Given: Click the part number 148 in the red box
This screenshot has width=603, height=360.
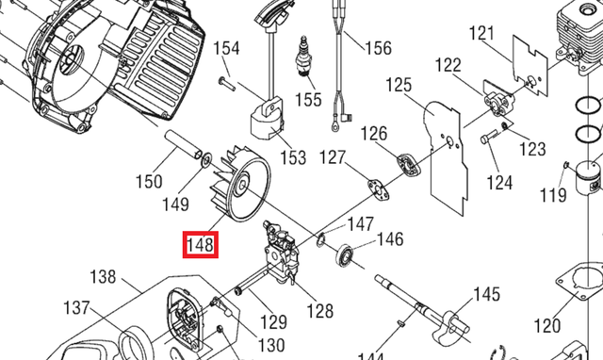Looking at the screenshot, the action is (x=200, y=245).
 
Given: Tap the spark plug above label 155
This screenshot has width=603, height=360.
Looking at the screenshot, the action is (x=304, y=57).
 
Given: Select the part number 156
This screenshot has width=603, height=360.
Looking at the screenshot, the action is (x=378, y=48).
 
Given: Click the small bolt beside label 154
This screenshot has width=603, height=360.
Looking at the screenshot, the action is (x=227, y=83).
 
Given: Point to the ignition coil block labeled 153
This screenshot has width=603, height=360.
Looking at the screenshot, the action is (x=268, y=120).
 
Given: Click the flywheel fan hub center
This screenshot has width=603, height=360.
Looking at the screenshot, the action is (x=242, y=185).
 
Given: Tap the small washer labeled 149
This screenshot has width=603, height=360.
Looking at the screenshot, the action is (x=207, y=159).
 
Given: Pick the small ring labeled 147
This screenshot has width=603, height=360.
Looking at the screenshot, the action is (x=320, y=240).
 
